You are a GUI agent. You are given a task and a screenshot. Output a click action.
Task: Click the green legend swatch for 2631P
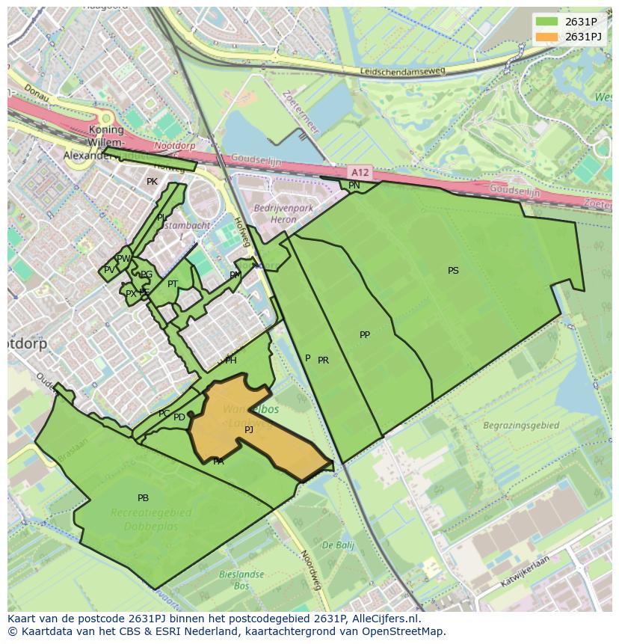(x=547, y=22)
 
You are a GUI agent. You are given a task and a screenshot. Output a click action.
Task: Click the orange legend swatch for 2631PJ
(x=547, y=37)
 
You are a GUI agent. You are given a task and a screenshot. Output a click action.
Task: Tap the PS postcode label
(x=453, y=271)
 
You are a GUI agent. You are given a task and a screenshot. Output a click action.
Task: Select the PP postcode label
(x=365, y=335)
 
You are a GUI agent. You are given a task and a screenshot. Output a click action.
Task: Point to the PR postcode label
(x=323, y=361)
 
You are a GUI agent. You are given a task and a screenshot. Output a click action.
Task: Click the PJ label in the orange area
(x=249, y=430)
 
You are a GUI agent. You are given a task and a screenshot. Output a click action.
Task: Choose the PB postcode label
(x=143, y=498)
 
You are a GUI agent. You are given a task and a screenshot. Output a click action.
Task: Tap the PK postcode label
(x=152, y=182)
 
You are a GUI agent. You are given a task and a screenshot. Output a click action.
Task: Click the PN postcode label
(x=354, y=185)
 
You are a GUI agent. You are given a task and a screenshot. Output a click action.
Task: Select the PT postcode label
(x=173, y=284)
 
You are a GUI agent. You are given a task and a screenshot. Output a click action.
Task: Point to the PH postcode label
(x=231, y=361)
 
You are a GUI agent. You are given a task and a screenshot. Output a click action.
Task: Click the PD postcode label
(x=179, y=417)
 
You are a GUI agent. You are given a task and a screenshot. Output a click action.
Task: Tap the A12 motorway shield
(x=360, y=172)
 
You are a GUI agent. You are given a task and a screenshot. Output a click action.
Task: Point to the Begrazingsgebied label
(x=521, y=426)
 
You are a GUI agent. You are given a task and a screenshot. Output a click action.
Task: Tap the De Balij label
(x=339, y=545)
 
